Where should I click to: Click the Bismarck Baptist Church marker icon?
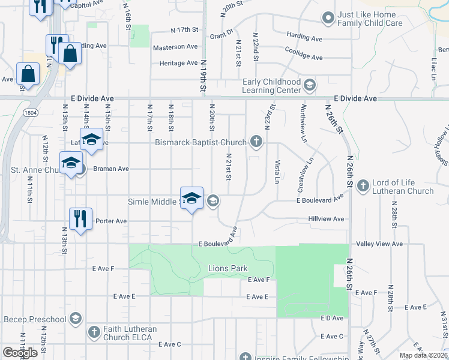pyautogui.click(x=256, y=142)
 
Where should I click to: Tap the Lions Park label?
pyautogui.click(x=228, y=268)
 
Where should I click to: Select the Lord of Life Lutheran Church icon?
pyautogui.click(x=363, y=186)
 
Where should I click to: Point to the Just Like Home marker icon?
pyautogui.click(x=328, y=19)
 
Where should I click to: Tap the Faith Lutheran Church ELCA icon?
pyautogui.click(x=94, y=332)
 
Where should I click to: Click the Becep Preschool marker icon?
pyautogui.click(x=76, y=318)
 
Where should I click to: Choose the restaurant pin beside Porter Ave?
pyautogui.click(x=79, y=218)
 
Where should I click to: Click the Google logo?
pyautogui.click(x=20, y=353)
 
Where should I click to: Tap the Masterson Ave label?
pyautogui.click(x=175, y=47)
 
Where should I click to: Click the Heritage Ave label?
pyautogui.click(x=178, y=63)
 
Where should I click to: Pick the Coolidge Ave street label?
pyautogui.click(x=304, y=57)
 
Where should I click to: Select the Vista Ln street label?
pyautogui.click(x=277, y=172)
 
